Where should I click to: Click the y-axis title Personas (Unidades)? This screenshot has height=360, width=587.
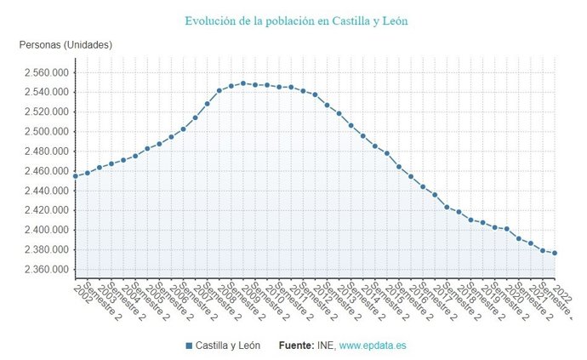(x=66, y=45)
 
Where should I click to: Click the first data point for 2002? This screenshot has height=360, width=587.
(x=76, y=176)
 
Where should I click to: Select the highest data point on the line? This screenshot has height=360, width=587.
(x=243, y=83)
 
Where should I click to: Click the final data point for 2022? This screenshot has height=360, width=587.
(x=555, y=253)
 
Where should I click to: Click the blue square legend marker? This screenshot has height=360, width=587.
(x=189, y=346)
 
